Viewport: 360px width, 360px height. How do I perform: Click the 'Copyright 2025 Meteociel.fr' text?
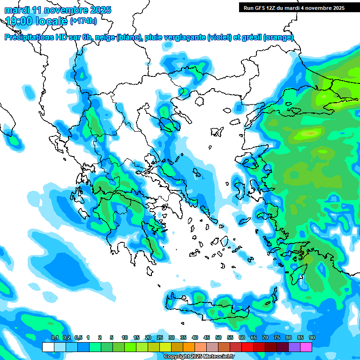[x=199, y=357]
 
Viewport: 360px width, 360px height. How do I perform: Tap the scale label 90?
[x=312, y=338]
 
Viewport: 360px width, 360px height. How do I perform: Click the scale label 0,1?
[x=54, y=338]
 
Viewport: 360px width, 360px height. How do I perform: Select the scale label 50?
[x=218, y=338]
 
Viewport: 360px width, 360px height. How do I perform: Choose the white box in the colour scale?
[x=48, y=347]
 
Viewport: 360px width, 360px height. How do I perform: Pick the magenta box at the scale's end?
[x=306, y=347]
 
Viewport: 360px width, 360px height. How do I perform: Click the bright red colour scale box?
[x=247, y=347]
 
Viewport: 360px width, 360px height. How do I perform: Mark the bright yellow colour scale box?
[x=165, y=347]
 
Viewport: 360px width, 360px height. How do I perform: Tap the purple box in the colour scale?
[x=294, y=347]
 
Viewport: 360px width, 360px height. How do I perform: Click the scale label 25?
[x=160, y=338]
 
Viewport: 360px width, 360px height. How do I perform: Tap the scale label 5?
[x=111, y=338]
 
